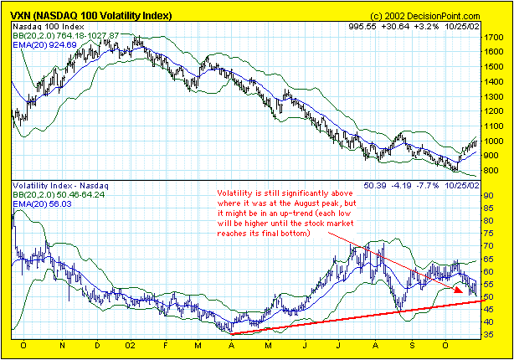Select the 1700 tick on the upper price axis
click(x=494, y=38)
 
